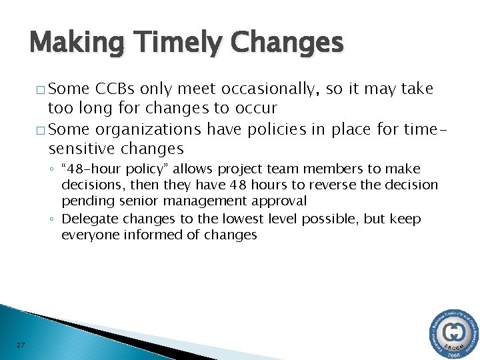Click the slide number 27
pos(21,345)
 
